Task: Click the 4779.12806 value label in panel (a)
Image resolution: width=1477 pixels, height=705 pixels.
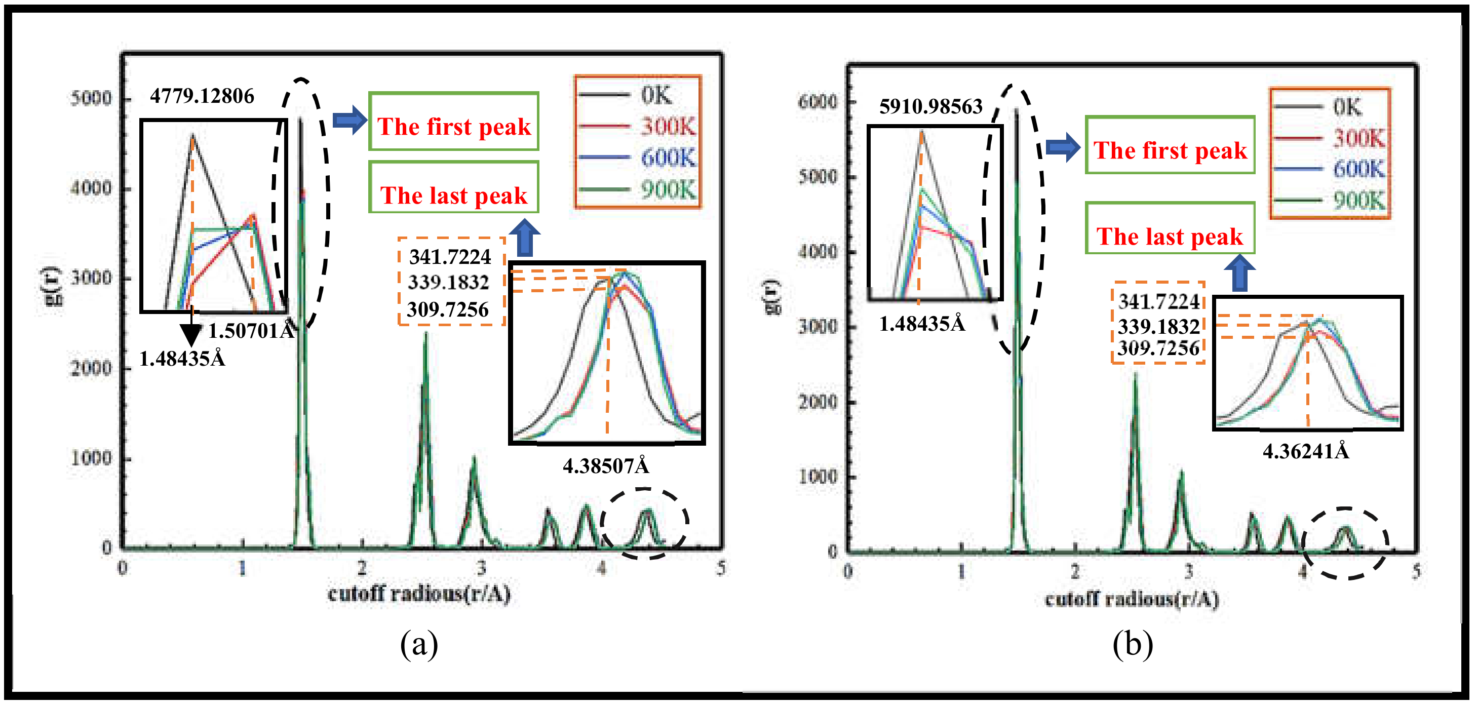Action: pos(202,96)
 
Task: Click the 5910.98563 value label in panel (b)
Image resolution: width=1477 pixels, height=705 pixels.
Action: pos(930,106)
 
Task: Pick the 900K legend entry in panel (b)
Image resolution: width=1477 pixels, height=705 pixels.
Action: pos(1358,201)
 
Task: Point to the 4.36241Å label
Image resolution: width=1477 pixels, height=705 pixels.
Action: pos(1306,452)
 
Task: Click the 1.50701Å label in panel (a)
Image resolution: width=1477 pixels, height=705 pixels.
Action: pos(251,331)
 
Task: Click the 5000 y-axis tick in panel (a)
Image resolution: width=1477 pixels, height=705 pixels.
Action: pos(91,99)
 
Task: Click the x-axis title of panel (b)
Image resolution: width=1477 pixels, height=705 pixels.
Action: pos(1131,600)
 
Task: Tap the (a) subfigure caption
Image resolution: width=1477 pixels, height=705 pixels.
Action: pos(419,644)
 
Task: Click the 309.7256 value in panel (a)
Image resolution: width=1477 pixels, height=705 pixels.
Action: pos(448,310)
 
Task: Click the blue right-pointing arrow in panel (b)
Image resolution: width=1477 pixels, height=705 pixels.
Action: pos(1063,147)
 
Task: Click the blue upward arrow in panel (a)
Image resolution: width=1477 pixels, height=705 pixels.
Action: pos(525,238)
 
